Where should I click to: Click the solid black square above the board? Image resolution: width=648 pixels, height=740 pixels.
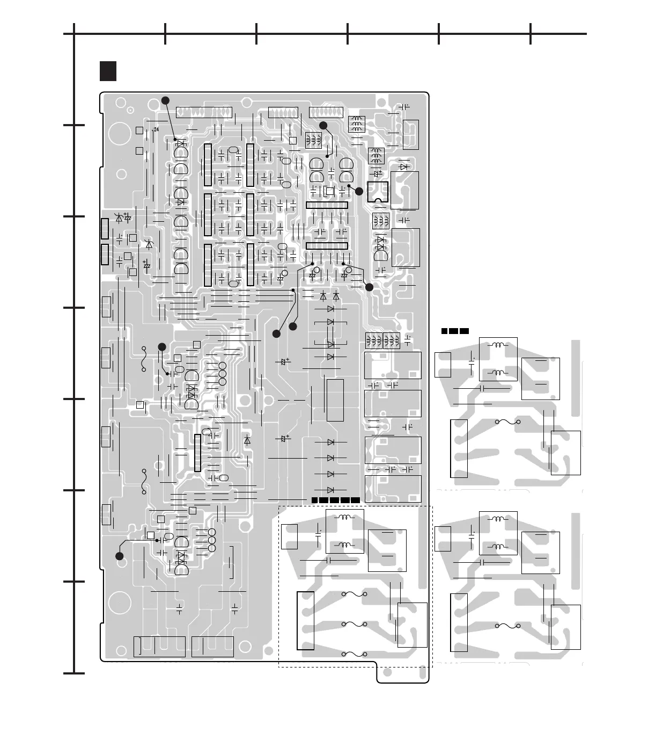108,71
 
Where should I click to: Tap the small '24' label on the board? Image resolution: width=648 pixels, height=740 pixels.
156,130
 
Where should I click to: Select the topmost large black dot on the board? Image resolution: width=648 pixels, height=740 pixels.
166,100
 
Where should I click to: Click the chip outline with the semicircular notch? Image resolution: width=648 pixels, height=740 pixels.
378,192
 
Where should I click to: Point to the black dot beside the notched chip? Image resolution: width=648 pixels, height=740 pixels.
359,191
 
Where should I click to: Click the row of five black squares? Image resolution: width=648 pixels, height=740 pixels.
335,500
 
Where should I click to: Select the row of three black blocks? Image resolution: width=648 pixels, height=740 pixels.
455,331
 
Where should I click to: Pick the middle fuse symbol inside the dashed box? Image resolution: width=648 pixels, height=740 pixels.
354,625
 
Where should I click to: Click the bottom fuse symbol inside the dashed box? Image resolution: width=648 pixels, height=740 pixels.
354,654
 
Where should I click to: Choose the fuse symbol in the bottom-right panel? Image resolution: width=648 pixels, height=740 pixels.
508,626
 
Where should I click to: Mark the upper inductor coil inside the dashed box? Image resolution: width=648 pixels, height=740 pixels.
344,518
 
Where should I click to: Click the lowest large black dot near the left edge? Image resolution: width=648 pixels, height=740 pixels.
120,556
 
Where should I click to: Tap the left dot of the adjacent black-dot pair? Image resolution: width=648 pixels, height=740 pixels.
276,334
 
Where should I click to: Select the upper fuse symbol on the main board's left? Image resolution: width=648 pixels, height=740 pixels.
144,359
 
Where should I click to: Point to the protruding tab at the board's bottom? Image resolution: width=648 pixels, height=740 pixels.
403,673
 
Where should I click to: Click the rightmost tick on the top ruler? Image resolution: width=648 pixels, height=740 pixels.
531,34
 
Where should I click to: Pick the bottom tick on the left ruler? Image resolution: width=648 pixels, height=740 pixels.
74,673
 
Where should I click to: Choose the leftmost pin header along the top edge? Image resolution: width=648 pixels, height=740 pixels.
204,113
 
